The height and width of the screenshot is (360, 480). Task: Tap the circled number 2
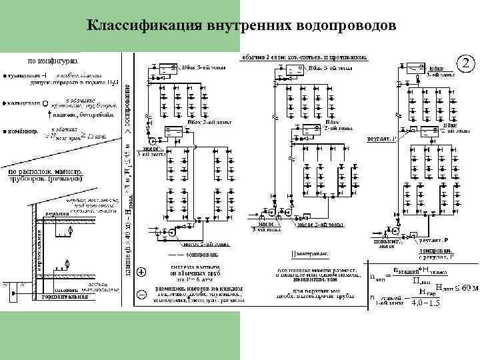467,65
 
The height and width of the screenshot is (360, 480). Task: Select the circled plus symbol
141,272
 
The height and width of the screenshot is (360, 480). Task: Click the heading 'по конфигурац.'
52,61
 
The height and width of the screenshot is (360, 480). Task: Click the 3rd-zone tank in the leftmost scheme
171,67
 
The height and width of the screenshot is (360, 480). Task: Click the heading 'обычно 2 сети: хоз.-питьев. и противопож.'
303,57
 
